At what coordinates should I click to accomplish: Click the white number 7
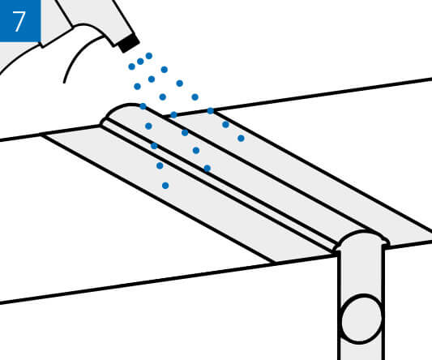(x=19, y=22)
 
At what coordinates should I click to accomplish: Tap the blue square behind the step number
(x=20, y=20)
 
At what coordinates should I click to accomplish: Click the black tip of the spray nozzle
(x=128, y=43)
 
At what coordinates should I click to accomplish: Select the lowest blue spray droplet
(x=165, y=186)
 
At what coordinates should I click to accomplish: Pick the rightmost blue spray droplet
(x=241, y=138)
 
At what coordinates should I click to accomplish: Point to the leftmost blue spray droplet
(x=131, y=66)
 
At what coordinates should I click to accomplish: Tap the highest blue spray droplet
(x=149, y=56)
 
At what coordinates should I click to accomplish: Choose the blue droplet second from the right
(x=225, y=125)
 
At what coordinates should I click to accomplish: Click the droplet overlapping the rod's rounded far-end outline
(x=143, y=106)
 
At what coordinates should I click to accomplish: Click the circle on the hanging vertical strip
(x=361, y=319)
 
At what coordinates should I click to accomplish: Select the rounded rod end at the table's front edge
(x=361, y=240)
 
